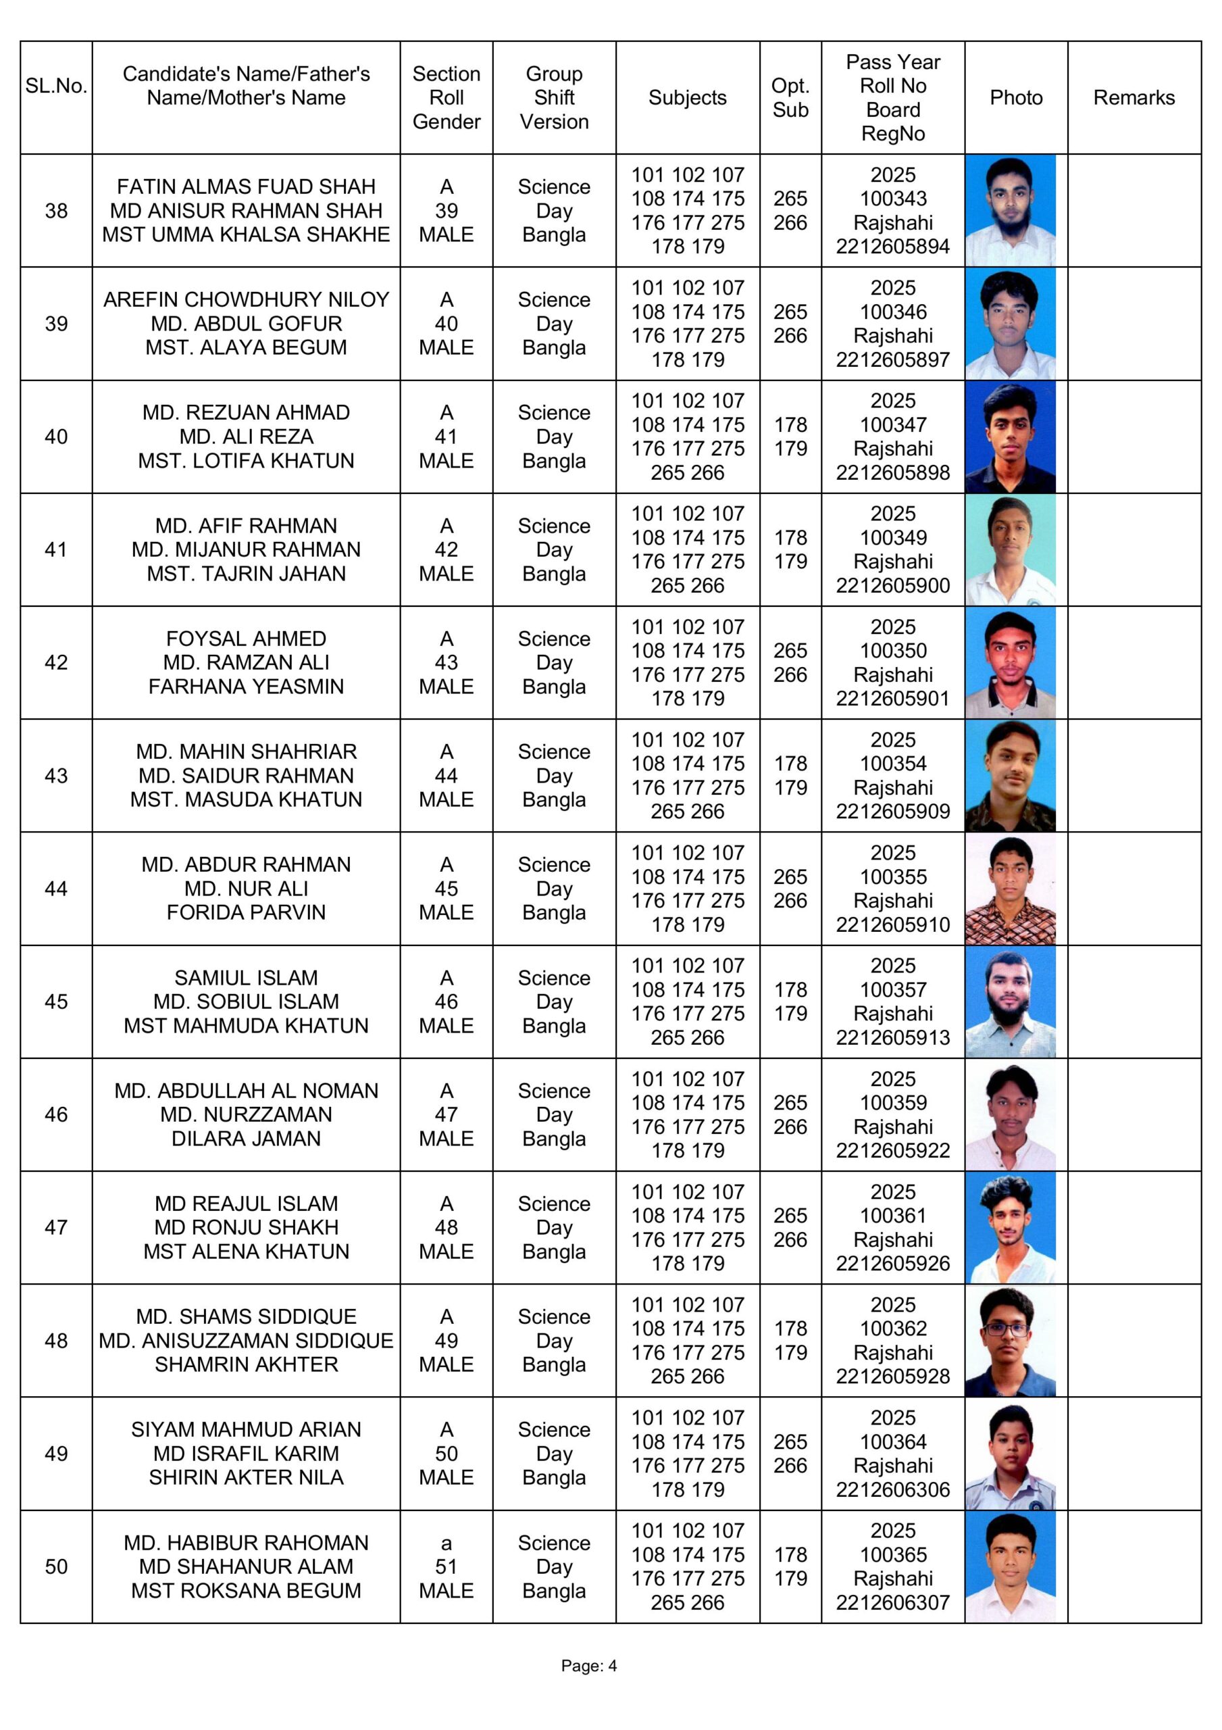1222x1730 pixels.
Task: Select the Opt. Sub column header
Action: tap(790, 97)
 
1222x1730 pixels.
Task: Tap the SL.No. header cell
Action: tap(56, 86)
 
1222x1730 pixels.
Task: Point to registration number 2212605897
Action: tap(892, 360)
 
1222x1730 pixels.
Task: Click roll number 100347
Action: tap(892, 424)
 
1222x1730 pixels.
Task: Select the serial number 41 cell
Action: tap(56, 549)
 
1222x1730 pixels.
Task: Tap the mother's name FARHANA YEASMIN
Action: tap(246, 687)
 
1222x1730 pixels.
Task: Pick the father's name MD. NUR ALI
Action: tap(246, 889)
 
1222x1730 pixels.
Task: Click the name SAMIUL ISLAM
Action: tap(246, 977)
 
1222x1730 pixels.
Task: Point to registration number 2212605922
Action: tap(892, 1151)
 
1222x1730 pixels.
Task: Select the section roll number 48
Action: tap(446, 1227)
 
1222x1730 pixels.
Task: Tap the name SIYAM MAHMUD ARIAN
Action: tap(246, 1429)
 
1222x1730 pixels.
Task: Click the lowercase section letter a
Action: tap(446, 1542)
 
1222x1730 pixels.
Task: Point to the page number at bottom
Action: tap(588, 1666)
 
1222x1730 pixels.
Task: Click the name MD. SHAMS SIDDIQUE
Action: tap(246, 1316)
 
